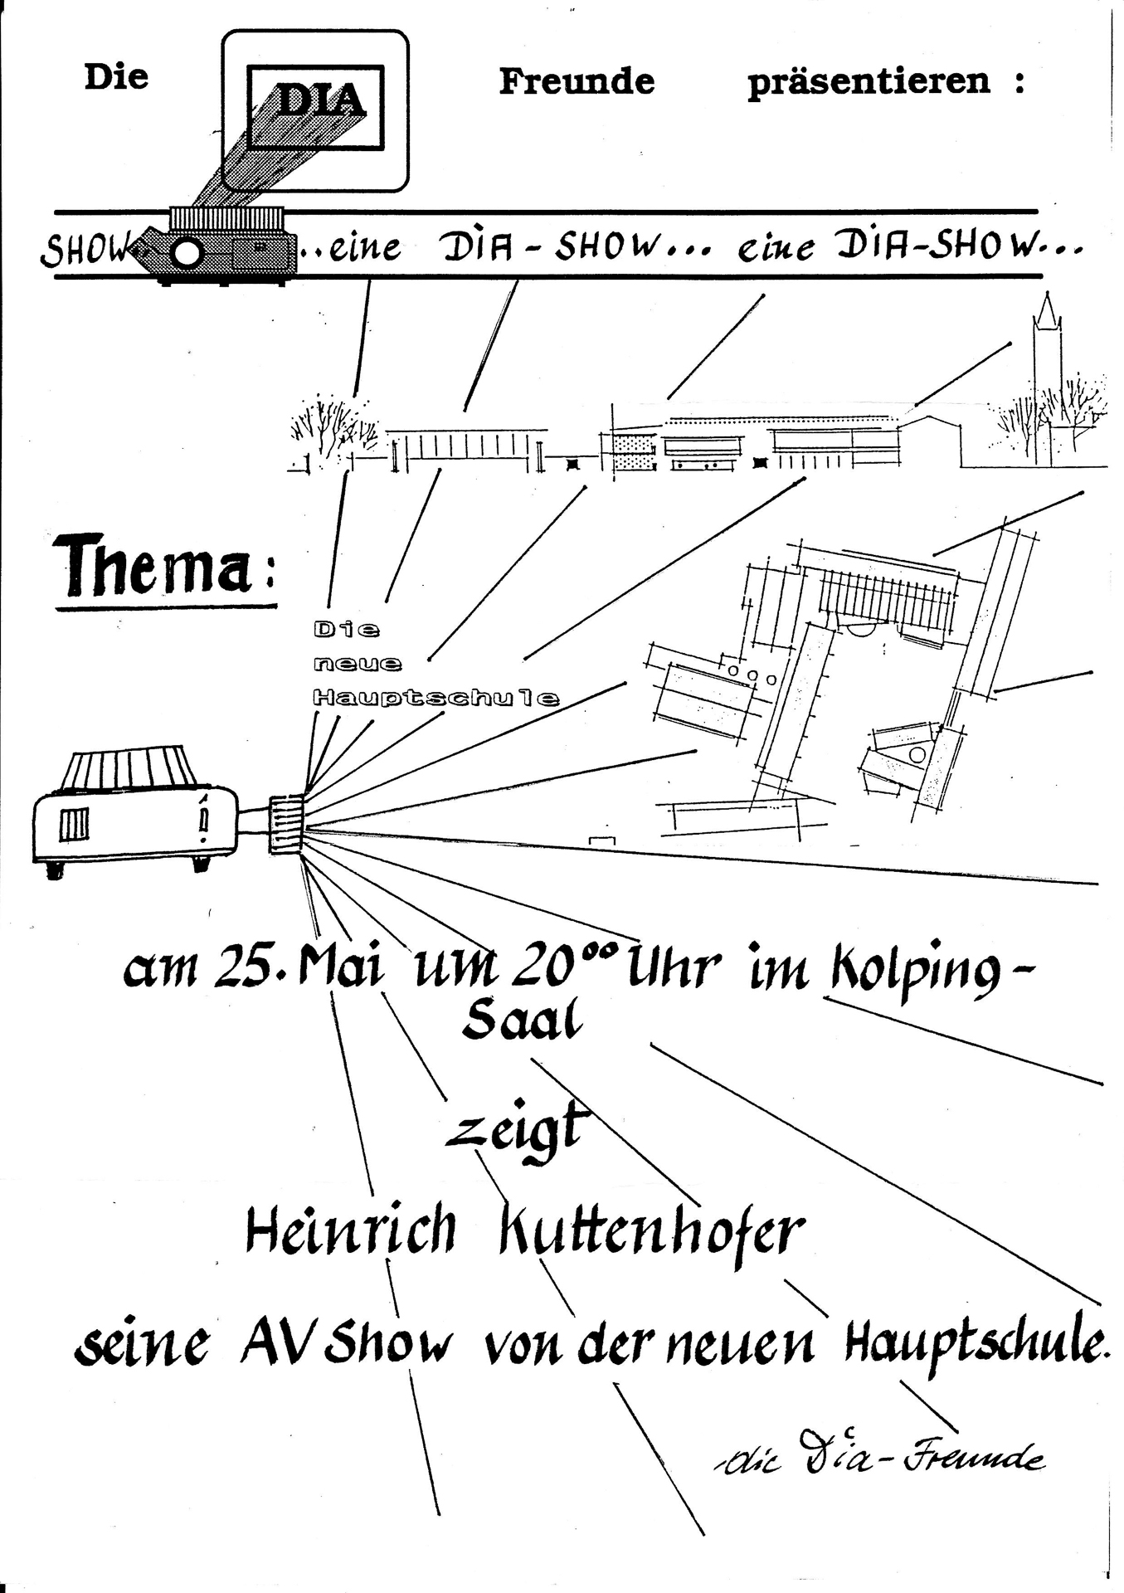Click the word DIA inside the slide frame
tap(319, 101)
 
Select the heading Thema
tap(156, 566)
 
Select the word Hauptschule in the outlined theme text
tap(435, 698)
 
